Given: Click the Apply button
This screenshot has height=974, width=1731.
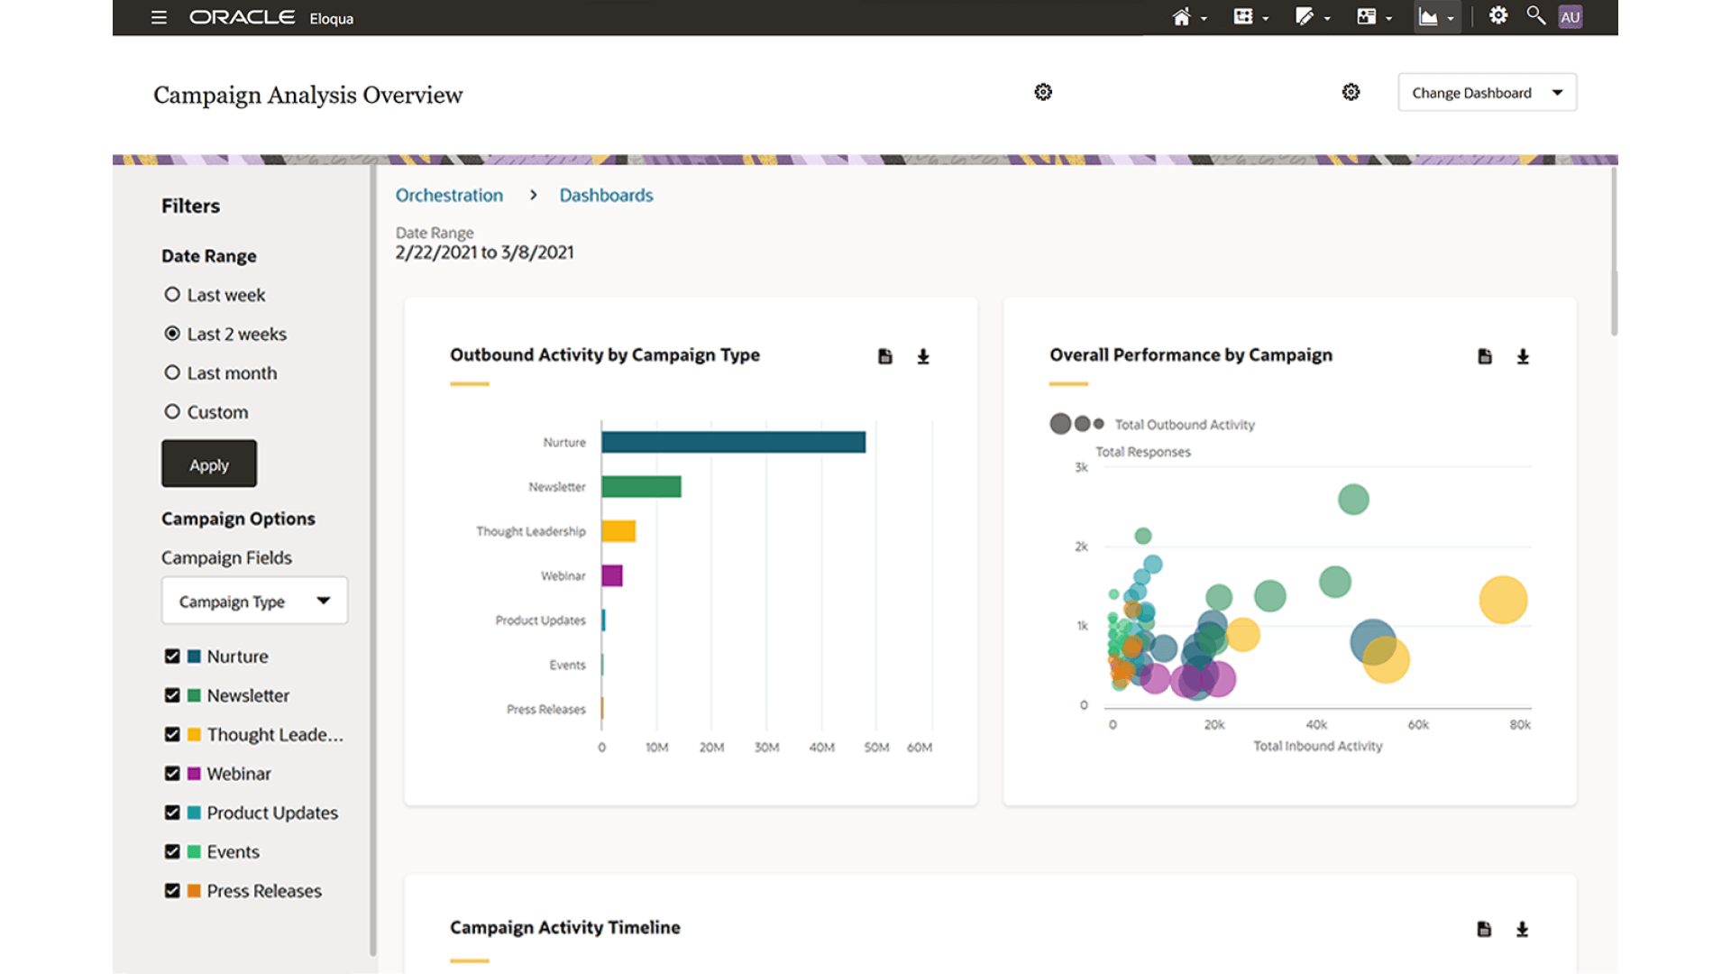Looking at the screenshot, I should click(x=209, y=464).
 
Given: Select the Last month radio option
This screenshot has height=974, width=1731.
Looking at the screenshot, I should click(x=172, y=372).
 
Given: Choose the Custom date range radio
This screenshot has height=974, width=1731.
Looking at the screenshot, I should click(x=172, y=412).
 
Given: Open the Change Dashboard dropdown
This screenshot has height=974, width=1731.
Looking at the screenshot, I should click(x=1487, y=93).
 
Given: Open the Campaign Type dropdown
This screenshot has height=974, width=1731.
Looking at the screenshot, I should click(x=254, y=602).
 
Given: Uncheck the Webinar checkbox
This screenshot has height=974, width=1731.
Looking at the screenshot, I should click(x=172, y=774).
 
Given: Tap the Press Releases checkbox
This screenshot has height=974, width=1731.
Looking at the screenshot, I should click(x=172, y=891).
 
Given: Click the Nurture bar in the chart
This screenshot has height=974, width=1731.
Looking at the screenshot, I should click(x=733, y=442).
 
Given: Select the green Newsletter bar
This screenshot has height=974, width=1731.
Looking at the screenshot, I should click(x=641, y=487).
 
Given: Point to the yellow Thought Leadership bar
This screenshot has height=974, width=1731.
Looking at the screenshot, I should click(x=618, y=531).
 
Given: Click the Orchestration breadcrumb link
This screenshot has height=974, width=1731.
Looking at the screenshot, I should click(x=449, y=196).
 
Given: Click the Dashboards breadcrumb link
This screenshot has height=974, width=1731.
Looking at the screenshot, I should click(x=606, y=196).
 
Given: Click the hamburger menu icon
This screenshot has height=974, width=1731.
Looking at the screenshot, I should click(x=159, y=17).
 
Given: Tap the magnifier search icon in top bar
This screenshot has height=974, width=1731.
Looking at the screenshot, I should click(x=1535, y=15).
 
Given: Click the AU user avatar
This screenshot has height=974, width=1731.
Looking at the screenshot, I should click(x=1571, y=17).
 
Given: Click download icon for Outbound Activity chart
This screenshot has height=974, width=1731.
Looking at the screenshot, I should click(x=923, y=357).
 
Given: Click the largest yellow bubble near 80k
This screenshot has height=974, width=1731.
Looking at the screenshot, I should click(x=1503, y=601).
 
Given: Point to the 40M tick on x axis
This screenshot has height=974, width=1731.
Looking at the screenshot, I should click(x=821, y=748).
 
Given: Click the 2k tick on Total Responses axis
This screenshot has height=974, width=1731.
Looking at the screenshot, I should click(x=1081, y=547).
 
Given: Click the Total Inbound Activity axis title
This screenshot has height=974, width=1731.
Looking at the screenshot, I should click(x=1317, y=746).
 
